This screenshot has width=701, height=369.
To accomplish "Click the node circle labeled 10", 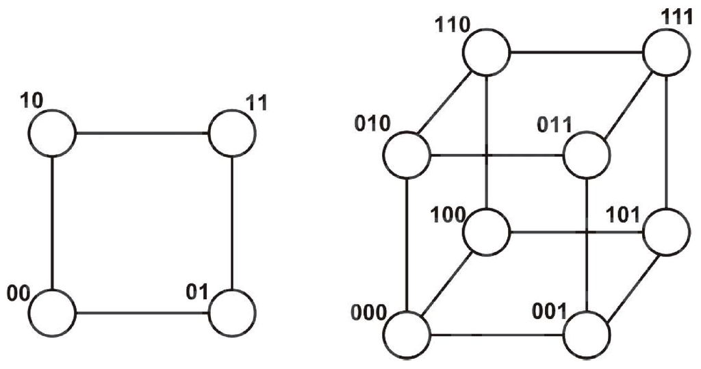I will pos(52,133).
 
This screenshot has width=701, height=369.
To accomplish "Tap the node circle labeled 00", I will pos(52,314).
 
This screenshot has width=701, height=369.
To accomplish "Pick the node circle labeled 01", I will pos(232,314).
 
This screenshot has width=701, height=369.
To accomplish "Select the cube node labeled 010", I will pos(407,155).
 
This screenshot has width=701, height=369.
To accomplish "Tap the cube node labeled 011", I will pos(587,155).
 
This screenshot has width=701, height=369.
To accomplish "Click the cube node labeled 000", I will pos(407,335).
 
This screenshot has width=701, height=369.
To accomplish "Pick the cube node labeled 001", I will pos(587,335).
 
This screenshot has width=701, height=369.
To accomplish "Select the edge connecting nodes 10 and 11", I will pos(142,133).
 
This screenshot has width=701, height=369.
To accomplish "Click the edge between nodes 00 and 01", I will pos(142,314).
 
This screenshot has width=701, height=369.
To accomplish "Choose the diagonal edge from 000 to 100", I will pos(446,283).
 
